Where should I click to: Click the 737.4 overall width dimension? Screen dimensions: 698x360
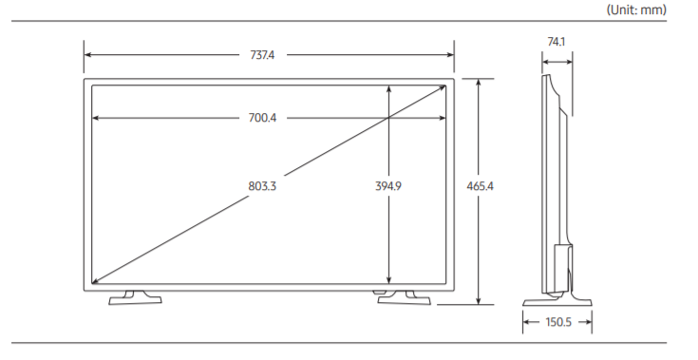(262, 55)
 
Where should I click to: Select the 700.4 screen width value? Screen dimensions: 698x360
(262, 118)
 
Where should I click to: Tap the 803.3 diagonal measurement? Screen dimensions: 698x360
(262, 186)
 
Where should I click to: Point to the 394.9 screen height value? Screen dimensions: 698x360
(388, 186)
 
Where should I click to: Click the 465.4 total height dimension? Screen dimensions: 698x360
(480, 186)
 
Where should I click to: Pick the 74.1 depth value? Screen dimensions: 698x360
(556, 42)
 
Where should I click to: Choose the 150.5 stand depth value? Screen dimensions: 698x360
(558, 322)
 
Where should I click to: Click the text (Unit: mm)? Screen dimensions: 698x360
(636, 9)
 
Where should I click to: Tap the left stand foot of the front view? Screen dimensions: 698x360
(135, 298)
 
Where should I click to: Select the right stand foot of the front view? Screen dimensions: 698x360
(404, 298)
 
